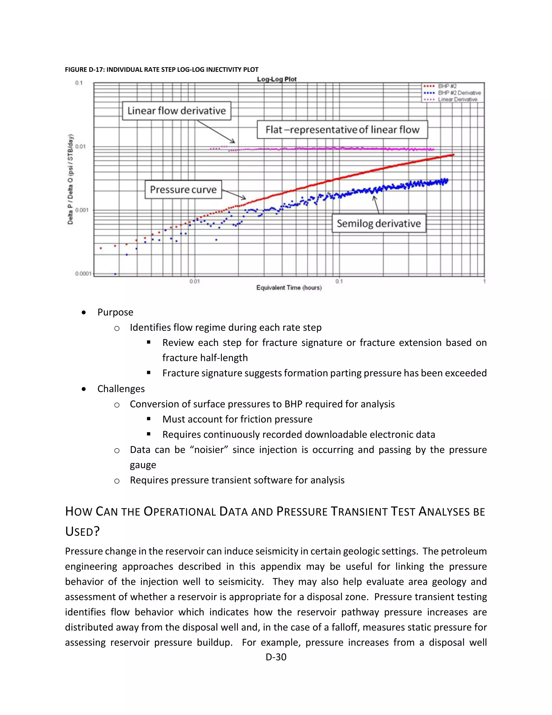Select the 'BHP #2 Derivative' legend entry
[x=459, y=93]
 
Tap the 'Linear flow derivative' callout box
[x=177, y=111]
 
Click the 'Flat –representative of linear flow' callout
[x=342, y=130]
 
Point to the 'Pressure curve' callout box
[x=183, y=190]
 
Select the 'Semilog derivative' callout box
[x=379, y=223]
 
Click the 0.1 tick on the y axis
[x=79, y=83]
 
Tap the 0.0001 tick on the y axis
[x=83, y=273]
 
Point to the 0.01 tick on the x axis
[x=195, y=281]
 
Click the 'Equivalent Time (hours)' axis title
[x=289, y=288]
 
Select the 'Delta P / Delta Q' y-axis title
[x=70, y=179]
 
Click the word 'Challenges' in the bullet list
[x=121, y=389]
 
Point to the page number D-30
[x=276, y=657]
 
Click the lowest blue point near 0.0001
[x=115, y=274]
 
